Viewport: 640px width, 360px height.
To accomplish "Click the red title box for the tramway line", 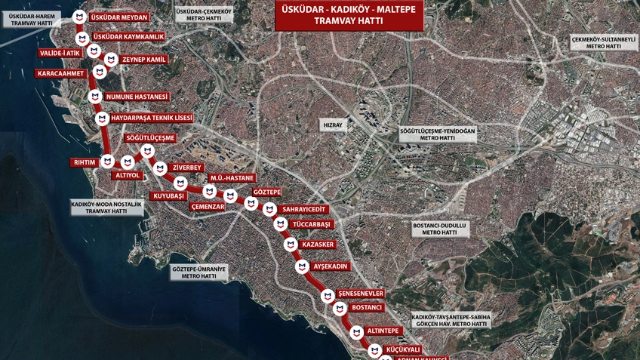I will (x=349, y=16).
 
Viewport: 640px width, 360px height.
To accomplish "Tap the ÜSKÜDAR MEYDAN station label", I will (x=118, y=17).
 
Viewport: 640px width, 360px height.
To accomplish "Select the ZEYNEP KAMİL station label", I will (x=143, y=60).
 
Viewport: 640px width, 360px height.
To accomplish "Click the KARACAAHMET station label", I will (x=61, y=74).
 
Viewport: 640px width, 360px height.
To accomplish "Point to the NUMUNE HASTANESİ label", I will (x=137, y=97).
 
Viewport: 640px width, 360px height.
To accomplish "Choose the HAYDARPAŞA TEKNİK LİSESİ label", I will (x=151, y=118).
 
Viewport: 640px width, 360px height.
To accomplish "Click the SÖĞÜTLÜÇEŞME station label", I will (x=151, y=138).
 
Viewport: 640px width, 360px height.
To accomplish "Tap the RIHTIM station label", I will (x=85, y=162).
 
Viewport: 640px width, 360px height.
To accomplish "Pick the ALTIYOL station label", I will (x=128, y=175).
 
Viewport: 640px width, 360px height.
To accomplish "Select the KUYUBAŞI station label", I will (x=169, y=195).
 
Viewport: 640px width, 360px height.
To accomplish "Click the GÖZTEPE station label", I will (x=267, y=192).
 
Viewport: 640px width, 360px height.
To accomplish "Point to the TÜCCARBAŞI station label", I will (x=312, y=225).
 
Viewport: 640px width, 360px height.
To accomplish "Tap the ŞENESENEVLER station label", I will (x=361, y=294).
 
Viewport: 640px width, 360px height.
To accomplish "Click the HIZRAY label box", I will (x=333, y=125).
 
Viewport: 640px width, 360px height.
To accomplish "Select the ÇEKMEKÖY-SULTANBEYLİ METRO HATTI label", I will (x=604, y=43).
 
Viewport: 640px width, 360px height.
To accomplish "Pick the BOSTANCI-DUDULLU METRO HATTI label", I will (x=440, y=229).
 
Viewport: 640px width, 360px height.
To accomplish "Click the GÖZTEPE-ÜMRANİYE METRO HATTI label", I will (x=198, y=272).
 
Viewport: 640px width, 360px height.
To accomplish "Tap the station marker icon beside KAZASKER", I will (x=291, y=245).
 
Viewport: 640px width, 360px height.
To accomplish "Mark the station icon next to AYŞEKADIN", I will (x=302, y=266).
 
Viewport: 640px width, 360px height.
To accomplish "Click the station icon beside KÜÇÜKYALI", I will (x=374, y=350).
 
